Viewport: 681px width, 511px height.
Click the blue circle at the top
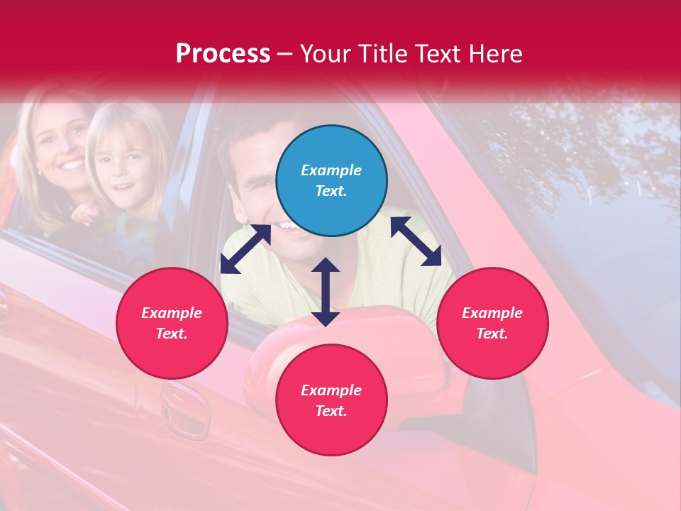(331, 181)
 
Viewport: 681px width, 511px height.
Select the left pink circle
(172, 323)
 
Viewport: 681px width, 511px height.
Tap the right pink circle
(492, 323)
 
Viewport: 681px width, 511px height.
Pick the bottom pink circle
(331, 400)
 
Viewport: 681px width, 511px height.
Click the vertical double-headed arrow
(326, 292)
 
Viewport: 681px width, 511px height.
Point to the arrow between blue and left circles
(245, 249)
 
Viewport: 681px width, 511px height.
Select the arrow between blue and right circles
(416, 241)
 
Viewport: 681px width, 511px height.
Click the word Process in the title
(223, 53)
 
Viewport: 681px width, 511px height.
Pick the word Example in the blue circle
(331, 170)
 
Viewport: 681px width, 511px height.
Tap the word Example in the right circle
(492, 313)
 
